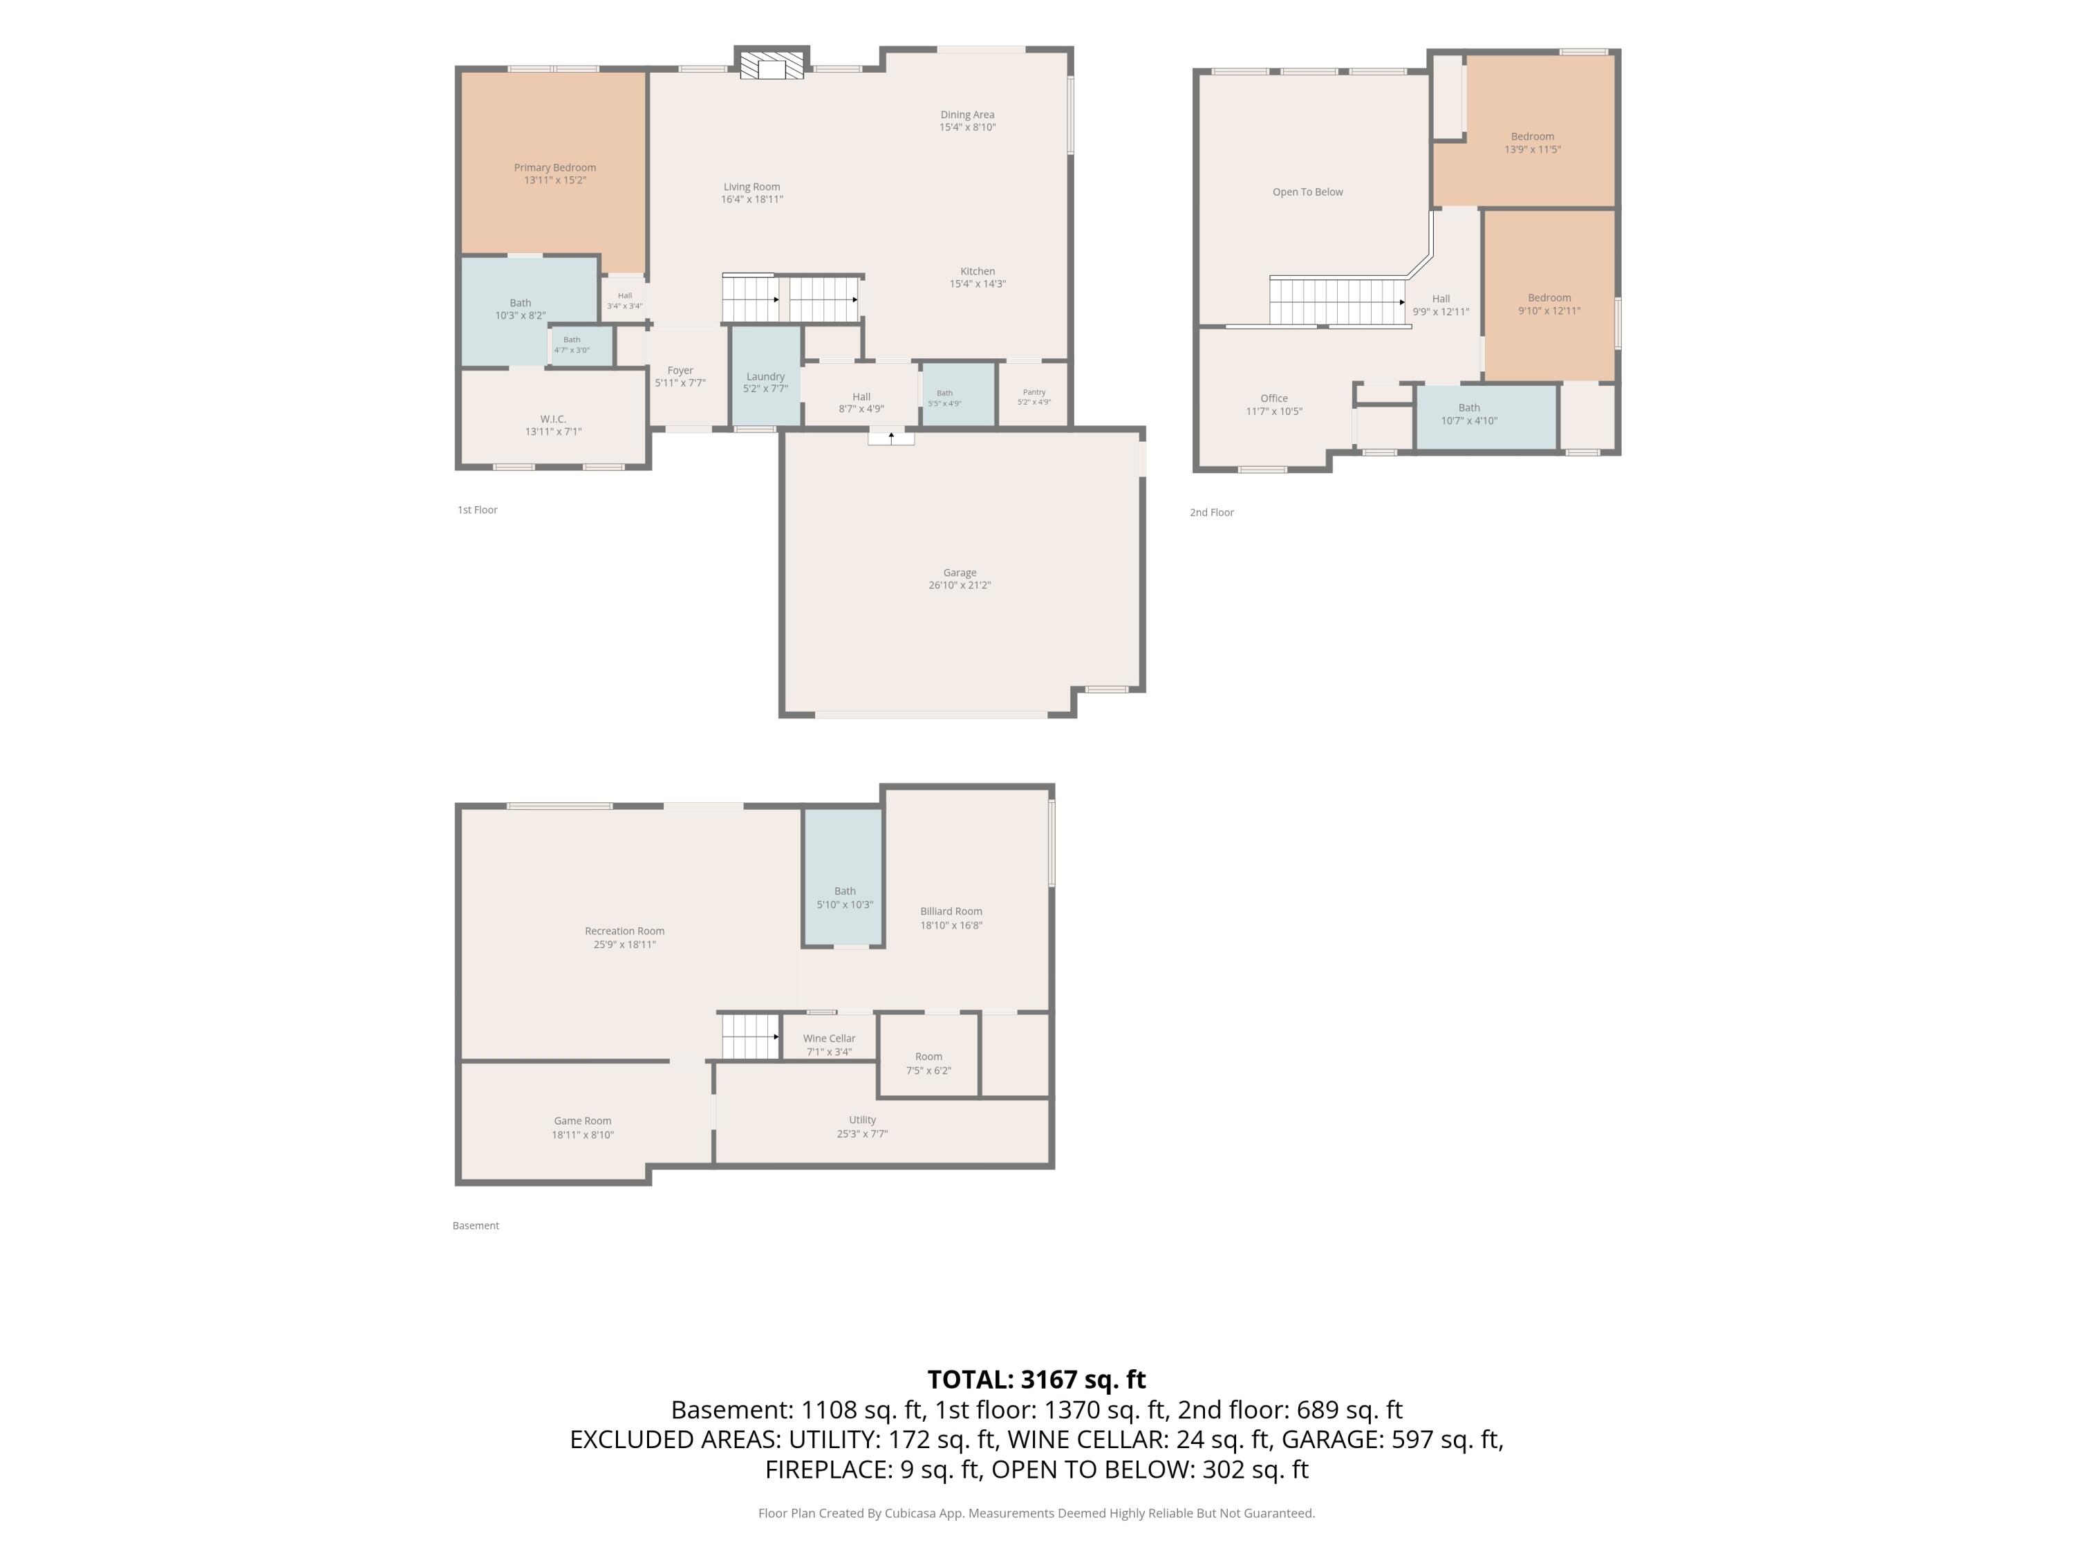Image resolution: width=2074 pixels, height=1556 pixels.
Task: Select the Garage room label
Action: pos(959,572)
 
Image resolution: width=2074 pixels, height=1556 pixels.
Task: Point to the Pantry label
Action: pos(1034,392)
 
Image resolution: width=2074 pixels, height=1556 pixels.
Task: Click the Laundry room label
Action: pos(765,376)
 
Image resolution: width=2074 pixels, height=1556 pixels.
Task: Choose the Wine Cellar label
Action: pos(829,1038)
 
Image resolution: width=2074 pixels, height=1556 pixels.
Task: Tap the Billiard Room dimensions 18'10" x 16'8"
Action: pos(951,925)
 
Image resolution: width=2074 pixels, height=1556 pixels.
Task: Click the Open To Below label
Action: pos(1307,192)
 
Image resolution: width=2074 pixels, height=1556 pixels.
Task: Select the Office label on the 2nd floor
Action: pos(1274,398)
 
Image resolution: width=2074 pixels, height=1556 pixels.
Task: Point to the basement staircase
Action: pos(750,1037)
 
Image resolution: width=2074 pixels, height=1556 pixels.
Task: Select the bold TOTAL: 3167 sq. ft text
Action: pos(1036,1380)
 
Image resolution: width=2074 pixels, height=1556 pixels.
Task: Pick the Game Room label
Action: pos(582,1121)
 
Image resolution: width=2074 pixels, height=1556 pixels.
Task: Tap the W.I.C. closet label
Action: pos(553,419)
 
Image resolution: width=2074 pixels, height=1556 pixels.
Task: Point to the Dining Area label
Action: pos(968,114)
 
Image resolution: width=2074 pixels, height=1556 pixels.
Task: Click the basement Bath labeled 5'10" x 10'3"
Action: pos(845,898)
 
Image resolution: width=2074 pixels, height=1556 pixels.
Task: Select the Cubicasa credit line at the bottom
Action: pos(1036,1513)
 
